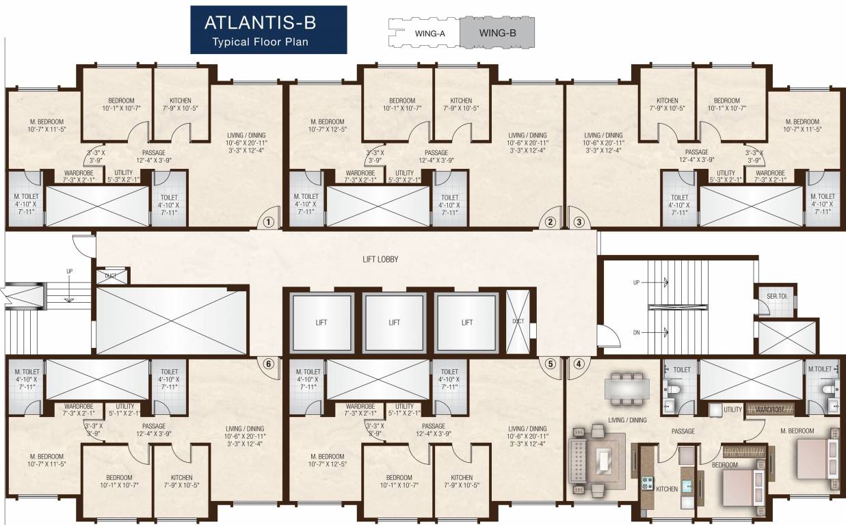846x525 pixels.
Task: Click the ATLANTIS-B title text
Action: (261, 22)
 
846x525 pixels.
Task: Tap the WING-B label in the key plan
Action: (497, 32)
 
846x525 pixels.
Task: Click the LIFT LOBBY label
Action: (380, 260)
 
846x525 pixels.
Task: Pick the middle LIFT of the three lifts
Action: (395, 322)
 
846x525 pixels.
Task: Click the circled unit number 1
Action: (268, 221)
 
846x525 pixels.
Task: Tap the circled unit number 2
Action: (549, 221)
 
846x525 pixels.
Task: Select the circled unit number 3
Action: (579, 221)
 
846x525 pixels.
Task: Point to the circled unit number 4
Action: (579, 364)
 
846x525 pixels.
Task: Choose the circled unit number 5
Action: (550, 364)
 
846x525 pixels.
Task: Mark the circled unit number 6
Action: (268, 364)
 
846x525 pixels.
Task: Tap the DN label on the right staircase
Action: (637, 332)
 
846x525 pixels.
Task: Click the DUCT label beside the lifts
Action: (518, 321)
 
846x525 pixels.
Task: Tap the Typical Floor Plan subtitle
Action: (261, 42)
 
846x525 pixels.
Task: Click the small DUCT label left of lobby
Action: (110, 276)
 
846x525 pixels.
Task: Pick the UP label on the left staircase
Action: (69, 271)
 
